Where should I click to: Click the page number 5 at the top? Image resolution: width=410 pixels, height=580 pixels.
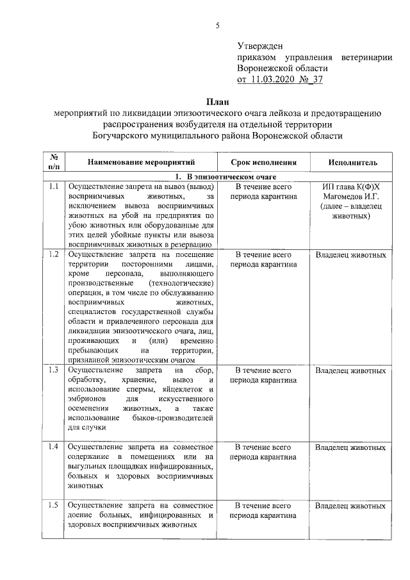point(217,26)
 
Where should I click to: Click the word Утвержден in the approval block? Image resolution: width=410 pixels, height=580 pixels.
point(259,46)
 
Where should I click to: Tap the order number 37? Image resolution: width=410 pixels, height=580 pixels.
point(316,80)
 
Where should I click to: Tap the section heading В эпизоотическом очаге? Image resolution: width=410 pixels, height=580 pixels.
point(222,176)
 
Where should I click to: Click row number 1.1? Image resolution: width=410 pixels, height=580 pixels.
point(54,187)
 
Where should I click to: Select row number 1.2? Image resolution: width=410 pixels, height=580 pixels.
point(54,255)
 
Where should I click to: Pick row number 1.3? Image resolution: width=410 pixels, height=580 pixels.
point(54,370)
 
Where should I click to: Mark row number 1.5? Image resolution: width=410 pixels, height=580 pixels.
point(54,506)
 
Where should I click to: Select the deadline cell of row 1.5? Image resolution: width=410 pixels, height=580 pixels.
point(263,511)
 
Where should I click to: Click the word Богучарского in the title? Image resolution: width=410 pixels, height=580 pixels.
point(128,136)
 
